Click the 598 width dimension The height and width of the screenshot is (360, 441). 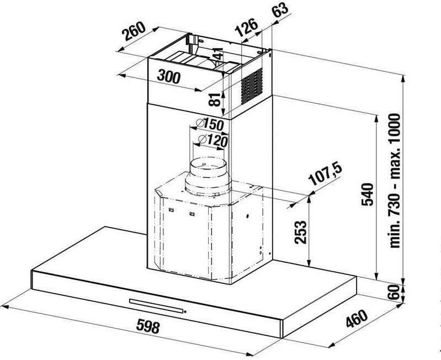click(148, 326)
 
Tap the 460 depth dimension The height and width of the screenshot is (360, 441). click(357, 319)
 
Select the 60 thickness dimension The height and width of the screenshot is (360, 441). click(394, 292)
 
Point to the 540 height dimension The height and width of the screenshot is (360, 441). click(367, 194)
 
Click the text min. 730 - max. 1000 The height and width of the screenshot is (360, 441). click(395, 181)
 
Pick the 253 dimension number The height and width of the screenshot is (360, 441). click(300, 232)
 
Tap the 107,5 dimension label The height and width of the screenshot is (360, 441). click(325, 174)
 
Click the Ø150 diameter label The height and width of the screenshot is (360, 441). click(210, 124)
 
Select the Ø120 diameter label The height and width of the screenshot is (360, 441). click(212, 140)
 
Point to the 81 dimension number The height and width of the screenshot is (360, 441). click(215, 99)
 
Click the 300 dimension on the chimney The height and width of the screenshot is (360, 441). click(168, 77)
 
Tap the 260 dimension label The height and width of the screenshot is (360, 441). click(134, 31)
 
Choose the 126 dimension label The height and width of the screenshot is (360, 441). click(246, 27)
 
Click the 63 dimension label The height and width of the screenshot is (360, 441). click(280, 10)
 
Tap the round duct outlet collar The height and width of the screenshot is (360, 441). click(208, 177)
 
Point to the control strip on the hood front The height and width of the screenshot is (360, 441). click(156, 305)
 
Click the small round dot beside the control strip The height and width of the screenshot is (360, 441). click(185, 311)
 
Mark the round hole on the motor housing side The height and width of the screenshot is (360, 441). click(247, 216)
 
